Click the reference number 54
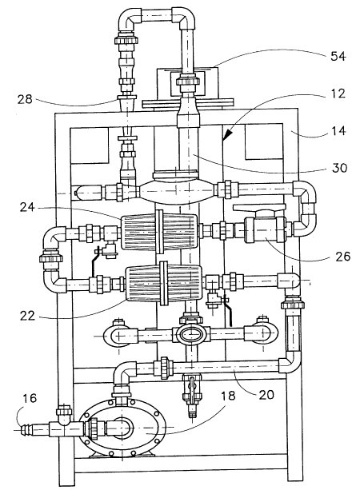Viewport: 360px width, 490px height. click(338, 57)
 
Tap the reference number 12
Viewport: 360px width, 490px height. click(338, 94)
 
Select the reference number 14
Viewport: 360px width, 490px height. click(338, 130)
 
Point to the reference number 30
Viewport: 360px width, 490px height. click(339, 168)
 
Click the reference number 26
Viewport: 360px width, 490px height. click(342, 257)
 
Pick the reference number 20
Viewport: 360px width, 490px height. click(266, 395)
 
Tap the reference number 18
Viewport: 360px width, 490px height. click(228, 396)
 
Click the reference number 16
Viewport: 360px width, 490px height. click(30, 398)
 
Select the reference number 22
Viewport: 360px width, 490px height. click(27, 316)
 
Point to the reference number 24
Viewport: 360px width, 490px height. click(27, 207)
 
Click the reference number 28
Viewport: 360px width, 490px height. click(25, 99)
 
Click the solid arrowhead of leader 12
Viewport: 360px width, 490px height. click(228, 133)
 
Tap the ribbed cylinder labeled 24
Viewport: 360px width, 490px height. click(159, 232)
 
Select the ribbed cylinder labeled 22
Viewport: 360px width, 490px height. click(163, 284)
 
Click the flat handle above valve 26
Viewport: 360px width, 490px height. click(260, 208)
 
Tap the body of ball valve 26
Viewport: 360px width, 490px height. click(265, 230)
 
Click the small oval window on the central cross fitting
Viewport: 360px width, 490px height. click(191, 335)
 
